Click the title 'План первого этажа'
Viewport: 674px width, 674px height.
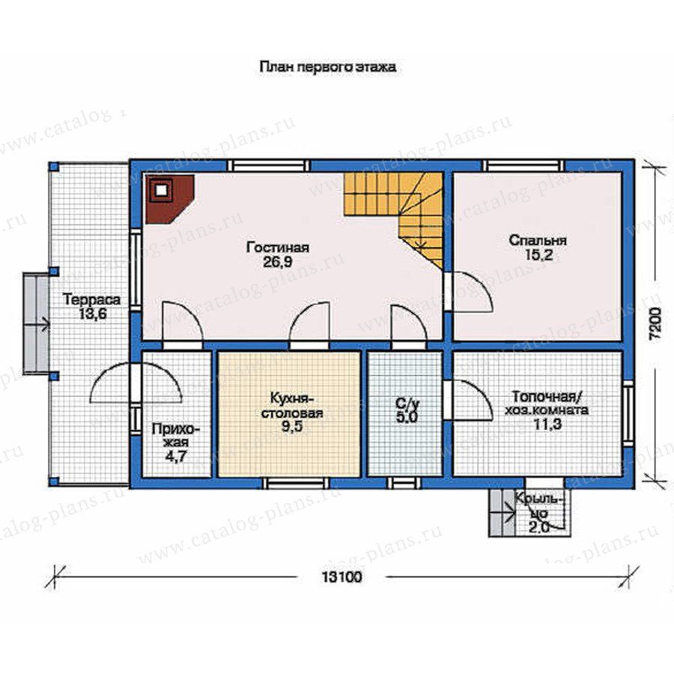tap(327, 67)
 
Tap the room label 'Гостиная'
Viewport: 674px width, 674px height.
tap(278, 248)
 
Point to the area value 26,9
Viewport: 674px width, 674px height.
tap(278, 262)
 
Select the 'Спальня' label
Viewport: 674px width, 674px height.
tap(538, 240)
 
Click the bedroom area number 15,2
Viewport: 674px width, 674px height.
tap(538, 255)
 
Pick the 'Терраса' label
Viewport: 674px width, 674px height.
tap(92, 299)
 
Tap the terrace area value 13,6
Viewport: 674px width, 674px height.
tap(92, 314)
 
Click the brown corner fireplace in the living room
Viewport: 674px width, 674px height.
tap(169, 198)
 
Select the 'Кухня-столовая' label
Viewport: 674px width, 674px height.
tap(292, 405)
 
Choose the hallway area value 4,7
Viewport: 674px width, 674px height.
tap(176, 455)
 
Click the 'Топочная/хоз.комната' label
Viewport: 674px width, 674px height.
tap(547, 402)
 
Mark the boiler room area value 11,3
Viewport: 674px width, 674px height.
tap(547, 425)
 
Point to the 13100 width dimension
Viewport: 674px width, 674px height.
tap(341, 577)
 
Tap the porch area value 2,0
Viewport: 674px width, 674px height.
tap(539, 527)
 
